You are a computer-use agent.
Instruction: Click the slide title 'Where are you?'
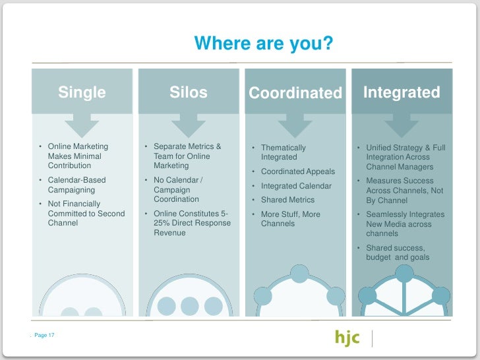pyautogui.click(x=263, y=44)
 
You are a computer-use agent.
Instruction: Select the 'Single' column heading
pyautogui.click(x=82, y=93)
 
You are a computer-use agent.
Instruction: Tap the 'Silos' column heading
pyautogui.click(x=189, y=93)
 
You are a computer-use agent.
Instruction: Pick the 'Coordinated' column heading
pyautogui.click(x=295, y=94)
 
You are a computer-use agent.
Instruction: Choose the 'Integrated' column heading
pyautogui.click(x=402, y=92)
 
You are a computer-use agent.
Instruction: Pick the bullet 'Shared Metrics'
pyautogui.click(x=287, y=200)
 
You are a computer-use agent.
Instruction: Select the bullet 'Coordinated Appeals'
pyautogui.click(x=297, y=171)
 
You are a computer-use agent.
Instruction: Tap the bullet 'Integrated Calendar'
pyautogui.click(x=296, y=186)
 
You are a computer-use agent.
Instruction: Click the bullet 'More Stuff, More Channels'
pyautogui.click(x=290, y=219)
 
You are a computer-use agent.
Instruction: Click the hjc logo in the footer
pyautogui.click(x=347, y=338)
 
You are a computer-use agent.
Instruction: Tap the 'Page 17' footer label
pyautogui.click(x=44, y=336)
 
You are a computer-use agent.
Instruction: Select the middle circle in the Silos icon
pyautogui.click(x=189, y=305)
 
